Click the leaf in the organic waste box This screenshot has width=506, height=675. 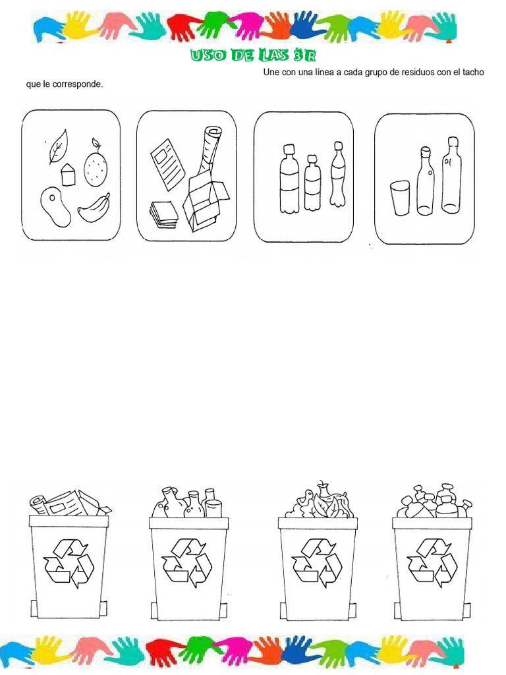pyautogui.click(x=58, y=146)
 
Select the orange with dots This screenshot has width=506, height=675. pyautogui.click(x=96, y=168)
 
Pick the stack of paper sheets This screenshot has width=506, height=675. pyautogui.click(x=163, y=214)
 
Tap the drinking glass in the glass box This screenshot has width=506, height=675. pyautogui.click(x=400, y=198)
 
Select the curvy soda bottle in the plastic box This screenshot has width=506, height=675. pyautogui.click(x=338, y=175)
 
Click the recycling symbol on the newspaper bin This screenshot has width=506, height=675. pyautogui.click(x=69, y=563)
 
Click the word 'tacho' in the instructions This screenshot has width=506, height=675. pyautogui.click(x=472, y=72)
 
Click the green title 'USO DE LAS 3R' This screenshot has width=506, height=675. pyautogui.click(x=254, y=55)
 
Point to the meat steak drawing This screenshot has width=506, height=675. pyautogui.click(x=55, y=206)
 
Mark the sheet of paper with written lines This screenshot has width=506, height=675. pyautogui.click(x=168, y=163)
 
